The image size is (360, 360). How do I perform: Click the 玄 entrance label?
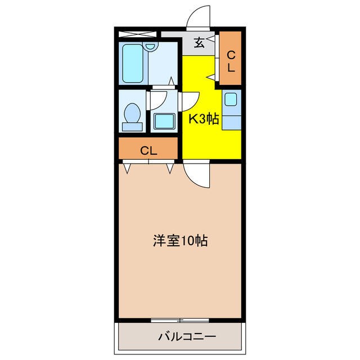[199, 43]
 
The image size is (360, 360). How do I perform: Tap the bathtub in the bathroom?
[133, 64]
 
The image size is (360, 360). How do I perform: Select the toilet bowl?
[132, 113]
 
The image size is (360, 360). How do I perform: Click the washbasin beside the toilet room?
[164, 121]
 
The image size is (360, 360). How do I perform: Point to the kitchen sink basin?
[231, 99]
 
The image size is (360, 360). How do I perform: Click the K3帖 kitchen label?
[204, 119]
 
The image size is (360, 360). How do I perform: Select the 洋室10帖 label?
[181, 241]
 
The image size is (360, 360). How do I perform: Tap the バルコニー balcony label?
[187, 337]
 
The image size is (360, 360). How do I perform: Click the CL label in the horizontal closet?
[148, 151]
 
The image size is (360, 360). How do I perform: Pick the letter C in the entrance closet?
[231, 55]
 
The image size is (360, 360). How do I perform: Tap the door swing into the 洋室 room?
[194, 179]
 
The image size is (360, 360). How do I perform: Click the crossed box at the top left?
[137, 34]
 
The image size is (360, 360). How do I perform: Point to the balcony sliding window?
[180, 320]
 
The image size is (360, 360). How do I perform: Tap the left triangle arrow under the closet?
[128, 168]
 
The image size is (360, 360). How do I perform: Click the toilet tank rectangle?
[132, 127]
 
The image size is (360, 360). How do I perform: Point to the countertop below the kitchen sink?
[231, 123]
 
